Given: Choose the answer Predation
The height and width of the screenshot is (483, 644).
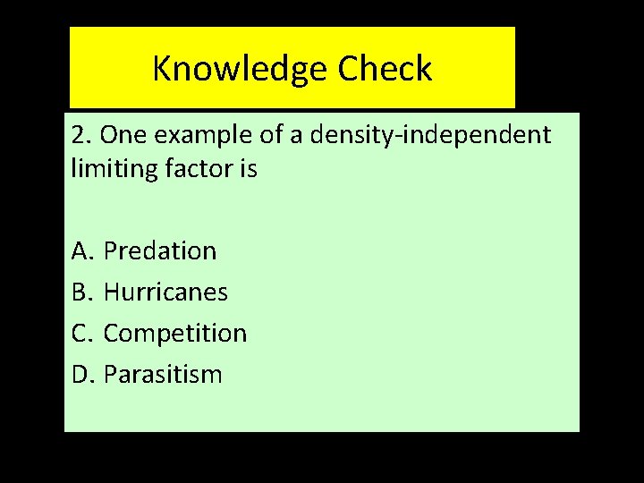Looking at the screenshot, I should coord(160,251).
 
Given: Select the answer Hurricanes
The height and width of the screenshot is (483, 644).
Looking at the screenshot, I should coord(165,292).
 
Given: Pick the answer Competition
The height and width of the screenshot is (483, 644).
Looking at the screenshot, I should coord(175,334).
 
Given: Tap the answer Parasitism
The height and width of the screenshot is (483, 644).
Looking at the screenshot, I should coord(163,375).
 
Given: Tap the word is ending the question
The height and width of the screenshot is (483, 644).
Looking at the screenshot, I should coord(247,169).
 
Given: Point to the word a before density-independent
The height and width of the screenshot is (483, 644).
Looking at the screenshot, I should coord(295,136).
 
